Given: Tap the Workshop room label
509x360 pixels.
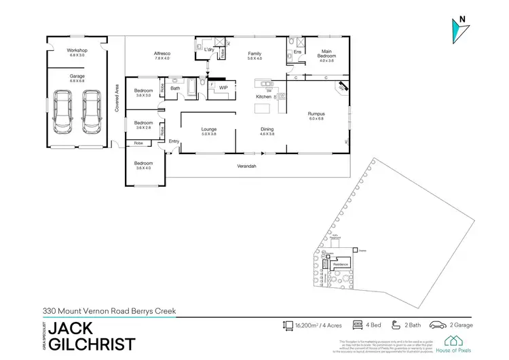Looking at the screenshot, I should click(x=77, y=52).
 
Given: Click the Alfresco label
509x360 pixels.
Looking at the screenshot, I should click(x=162, y=55).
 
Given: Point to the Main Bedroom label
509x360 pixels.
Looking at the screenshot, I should click(x=326, y=54).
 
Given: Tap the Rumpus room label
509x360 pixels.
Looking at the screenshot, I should click(x=317, y=115).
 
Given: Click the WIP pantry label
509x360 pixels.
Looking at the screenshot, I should click(x=223, y=88).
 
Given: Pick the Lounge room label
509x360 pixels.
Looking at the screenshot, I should click(x=208, y=130).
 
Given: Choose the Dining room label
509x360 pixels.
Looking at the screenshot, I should click(x=267, y=130).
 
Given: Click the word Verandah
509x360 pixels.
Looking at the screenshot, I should click(x=246, y=166).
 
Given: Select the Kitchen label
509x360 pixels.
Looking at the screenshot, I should click(x=263, y=97).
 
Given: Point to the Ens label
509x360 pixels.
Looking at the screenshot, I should click(x=297, y=51).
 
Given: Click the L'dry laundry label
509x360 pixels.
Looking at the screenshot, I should click(x=209, y=50).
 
